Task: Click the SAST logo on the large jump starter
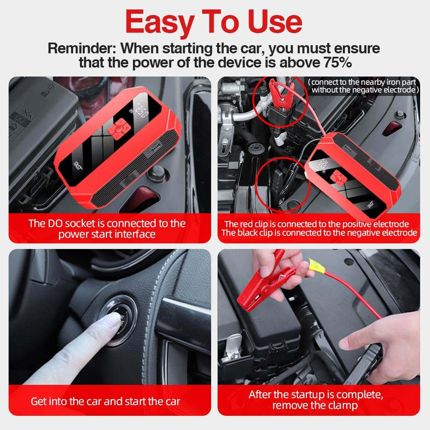(78, 166)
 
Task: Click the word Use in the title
(275, 22)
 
